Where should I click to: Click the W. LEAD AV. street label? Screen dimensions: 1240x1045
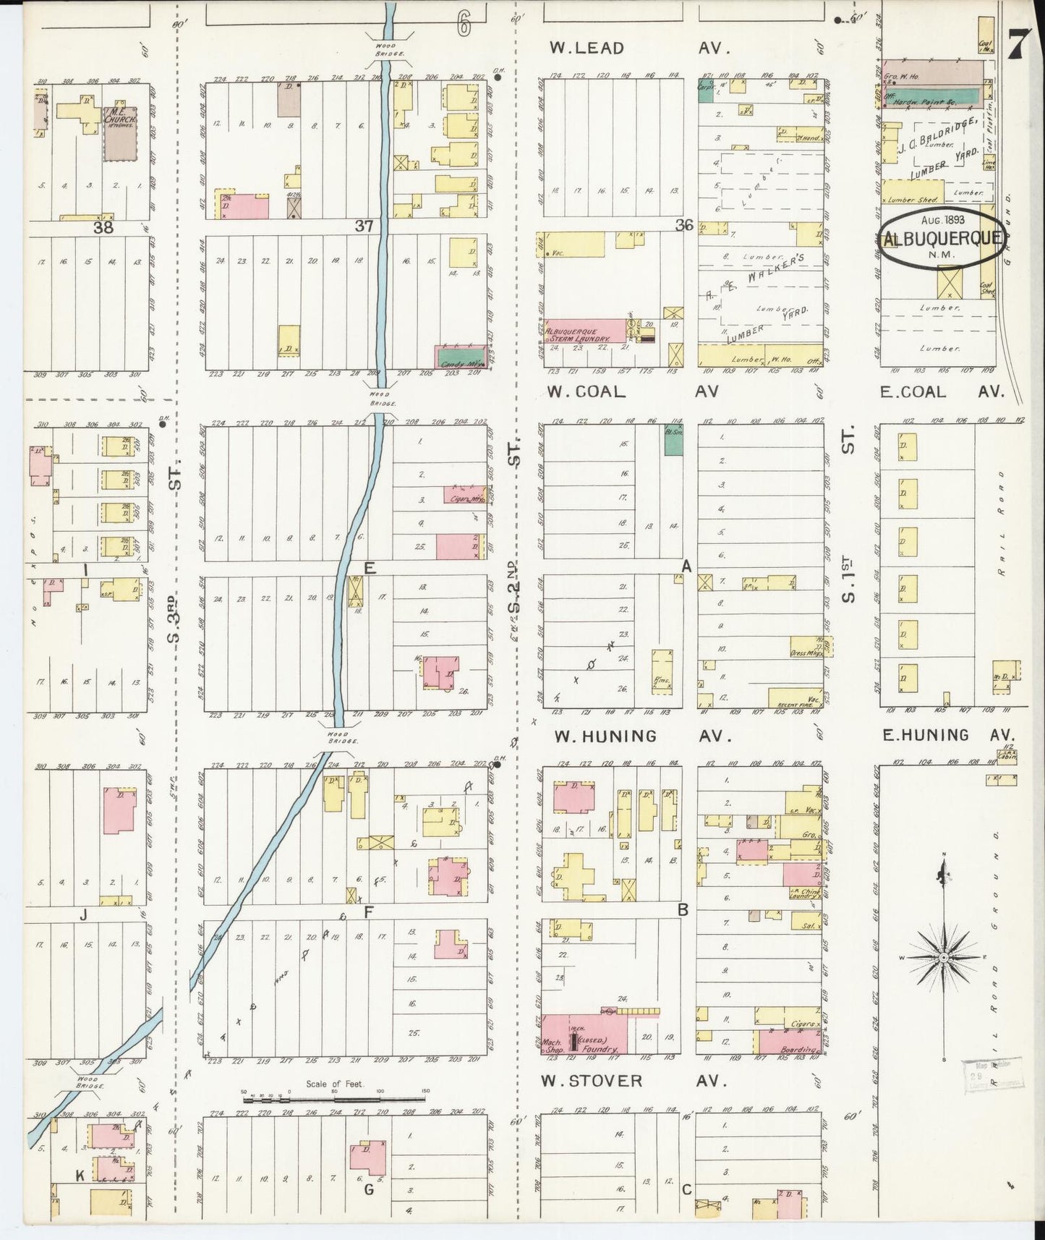point(640,48)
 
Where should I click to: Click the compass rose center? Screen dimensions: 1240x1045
point(943,957)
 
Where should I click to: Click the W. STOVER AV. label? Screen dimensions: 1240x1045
point(633,1081)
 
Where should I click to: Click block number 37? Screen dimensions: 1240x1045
point(364,226)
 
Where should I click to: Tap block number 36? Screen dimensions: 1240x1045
point(684,225)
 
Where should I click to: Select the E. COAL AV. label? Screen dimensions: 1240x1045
point(942,391)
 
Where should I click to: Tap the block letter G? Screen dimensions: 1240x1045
point(369,1189)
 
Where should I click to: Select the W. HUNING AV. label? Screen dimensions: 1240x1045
point(640,736)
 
